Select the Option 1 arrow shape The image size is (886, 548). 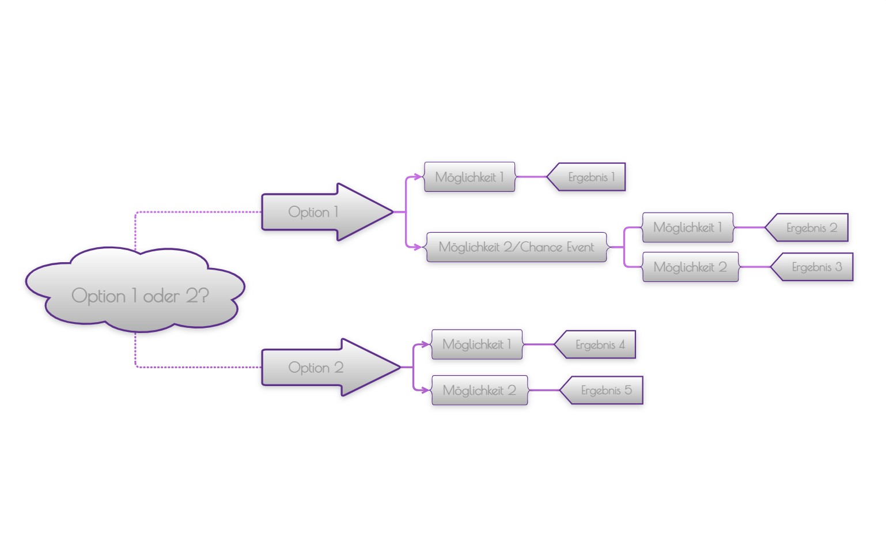314,212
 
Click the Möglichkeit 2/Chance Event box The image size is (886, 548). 516,247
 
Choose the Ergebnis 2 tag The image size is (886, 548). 811,228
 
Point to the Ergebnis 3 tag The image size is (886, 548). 816,267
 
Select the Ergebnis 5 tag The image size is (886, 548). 605,390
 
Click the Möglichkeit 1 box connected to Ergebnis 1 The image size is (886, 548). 469,177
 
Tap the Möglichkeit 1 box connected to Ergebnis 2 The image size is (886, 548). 687,228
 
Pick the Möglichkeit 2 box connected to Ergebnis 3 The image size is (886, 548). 690,267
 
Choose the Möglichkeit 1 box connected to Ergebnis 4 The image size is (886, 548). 476,344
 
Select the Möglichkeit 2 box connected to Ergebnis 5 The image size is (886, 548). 479,390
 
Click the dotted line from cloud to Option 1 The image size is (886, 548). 196,212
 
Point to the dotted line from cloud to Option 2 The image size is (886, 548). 196,367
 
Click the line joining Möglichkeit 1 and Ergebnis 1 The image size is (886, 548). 531,177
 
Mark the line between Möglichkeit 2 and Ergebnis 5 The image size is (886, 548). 543,390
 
